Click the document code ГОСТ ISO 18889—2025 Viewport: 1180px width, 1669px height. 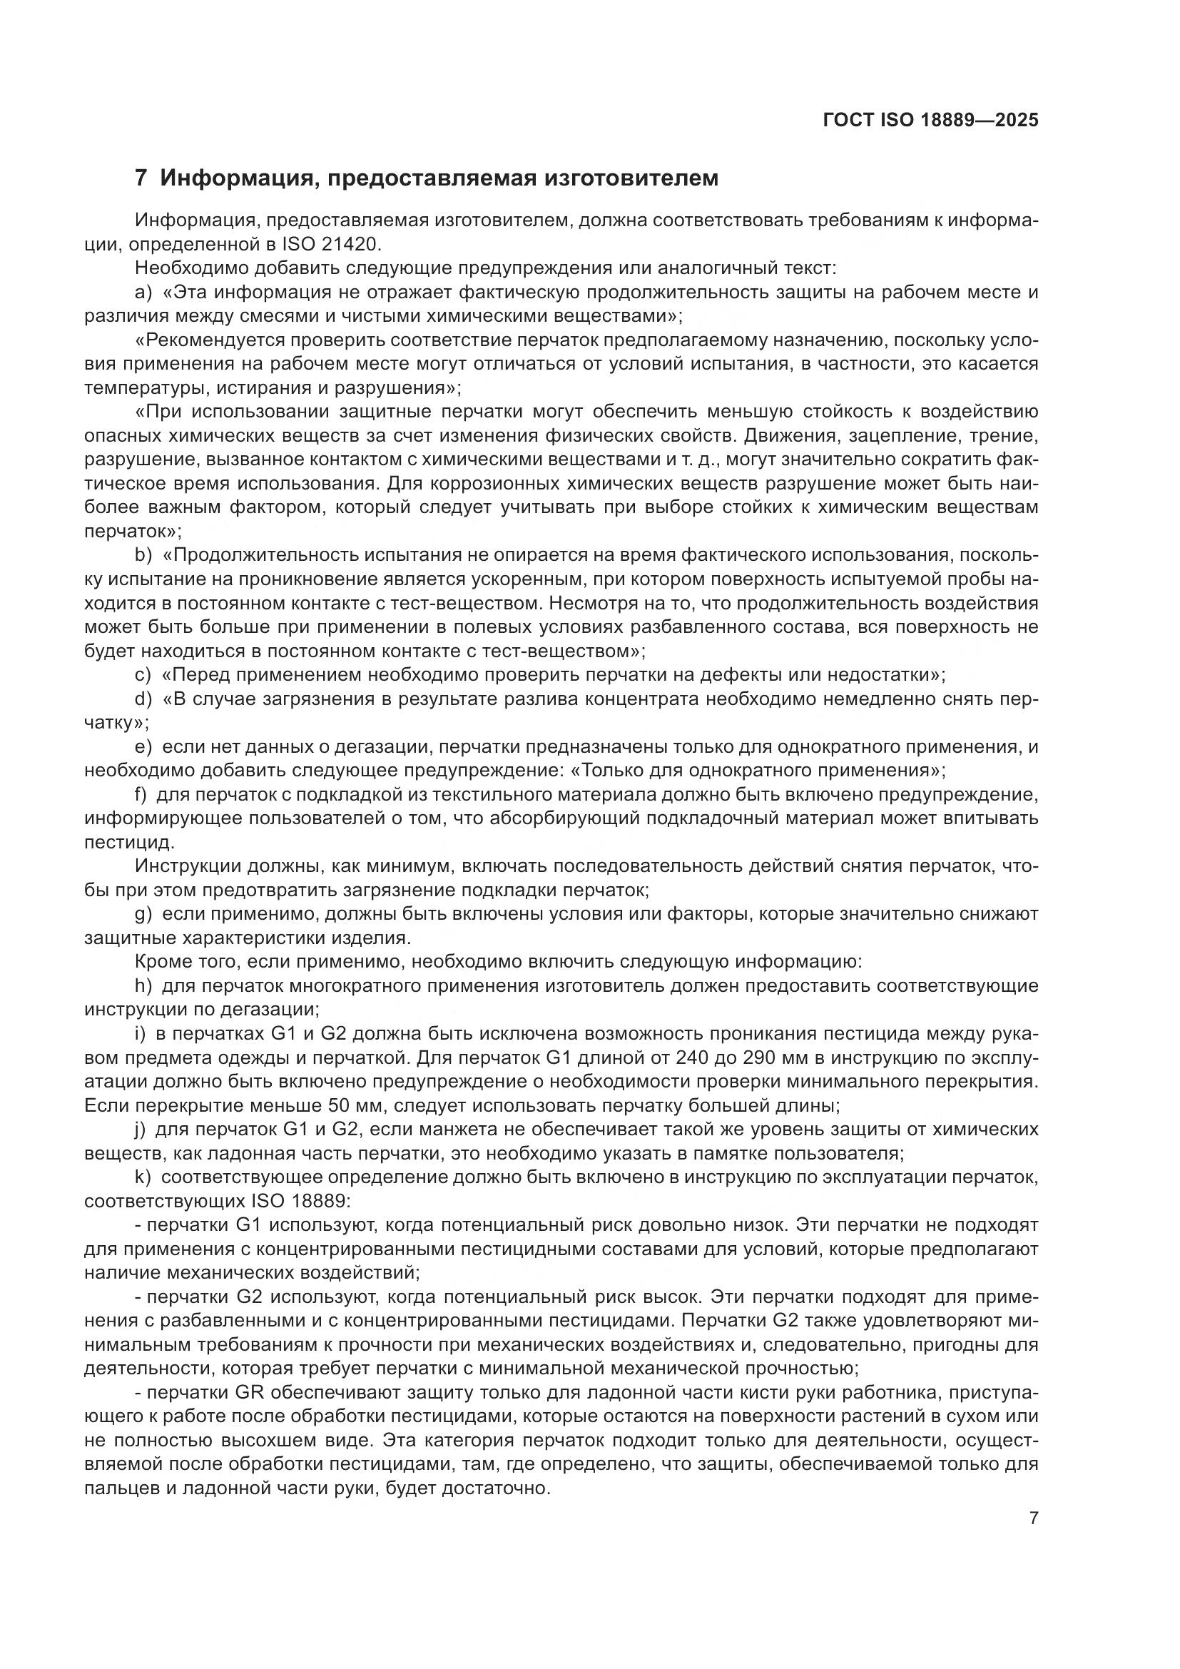click(x=930, y=120)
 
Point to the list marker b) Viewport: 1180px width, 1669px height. click(x=143, y=555)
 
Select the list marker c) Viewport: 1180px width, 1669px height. click(x=143, y=674)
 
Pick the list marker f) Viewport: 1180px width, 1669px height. click(x=141, y=794)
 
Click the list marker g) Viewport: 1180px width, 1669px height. click(x=143, y=914)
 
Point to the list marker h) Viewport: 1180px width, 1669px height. click(x=143, y=985)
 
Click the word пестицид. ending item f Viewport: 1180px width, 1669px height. click(x=129, y=843)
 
